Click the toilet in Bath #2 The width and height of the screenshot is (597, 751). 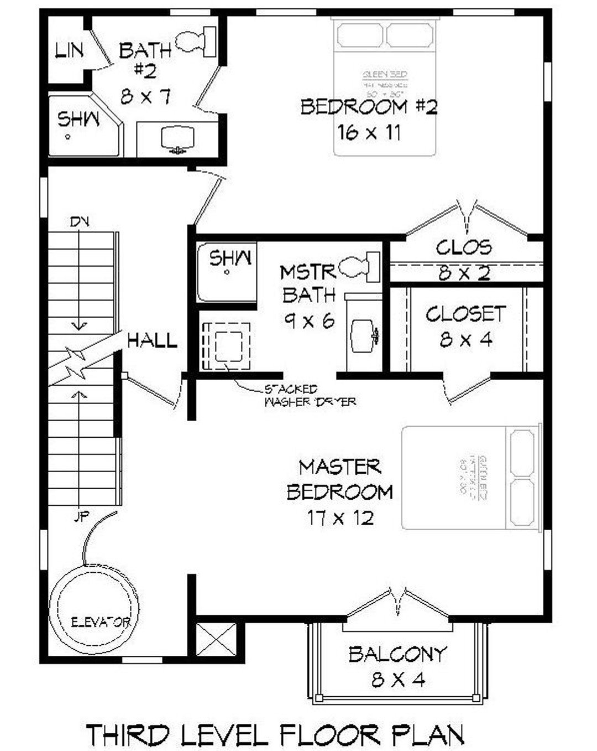pyautogui.click(x=196, y=42)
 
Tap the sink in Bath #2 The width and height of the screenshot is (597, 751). pyautogui.click(x=178, y=139)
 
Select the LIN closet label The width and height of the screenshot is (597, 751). pyautogui.click(x=69, y=50)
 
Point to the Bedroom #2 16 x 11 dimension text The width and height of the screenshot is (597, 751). pyautogui.click(x=369, y=132)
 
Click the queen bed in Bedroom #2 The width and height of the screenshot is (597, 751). pyautogui.click(x=386, y=89)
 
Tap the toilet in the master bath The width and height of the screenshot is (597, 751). pyautogui.click(x=360, y=267)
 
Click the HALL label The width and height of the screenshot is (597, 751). pyautogui.click(x=153, y=340)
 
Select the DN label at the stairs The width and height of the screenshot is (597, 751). pyautogui.click(x=80, y=222)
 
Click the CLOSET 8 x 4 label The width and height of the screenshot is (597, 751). pyautogui.click(x=465, y=327)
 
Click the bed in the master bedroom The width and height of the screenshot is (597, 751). pyautogui.click(x=470, y=478)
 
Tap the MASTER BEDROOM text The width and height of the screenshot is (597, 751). pyautogui.click(x=340, y=479)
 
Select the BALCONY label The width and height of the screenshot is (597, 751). pyautogui.click(x=397, y=654)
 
